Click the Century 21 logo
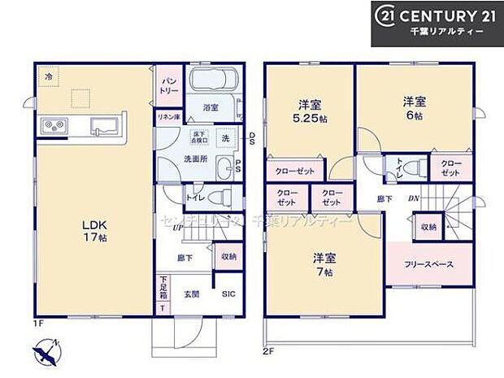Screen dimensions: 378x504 (437, 23)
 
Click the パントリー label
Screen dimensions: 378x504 (168, 86)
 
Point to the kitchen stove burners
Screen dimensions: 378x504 (54, 126)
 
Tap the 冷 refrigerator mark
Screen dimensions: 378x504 (50, 76)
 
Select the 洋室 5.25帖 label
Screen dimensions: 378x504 (310, 111)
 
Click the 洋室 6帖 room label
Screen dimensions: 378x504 (415, 109)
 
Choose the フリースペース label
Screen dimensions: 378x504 (428, 265)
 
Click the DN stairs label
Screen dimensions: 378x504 (414, 198)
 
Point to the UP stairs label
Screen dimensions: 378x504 (176, 227)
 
